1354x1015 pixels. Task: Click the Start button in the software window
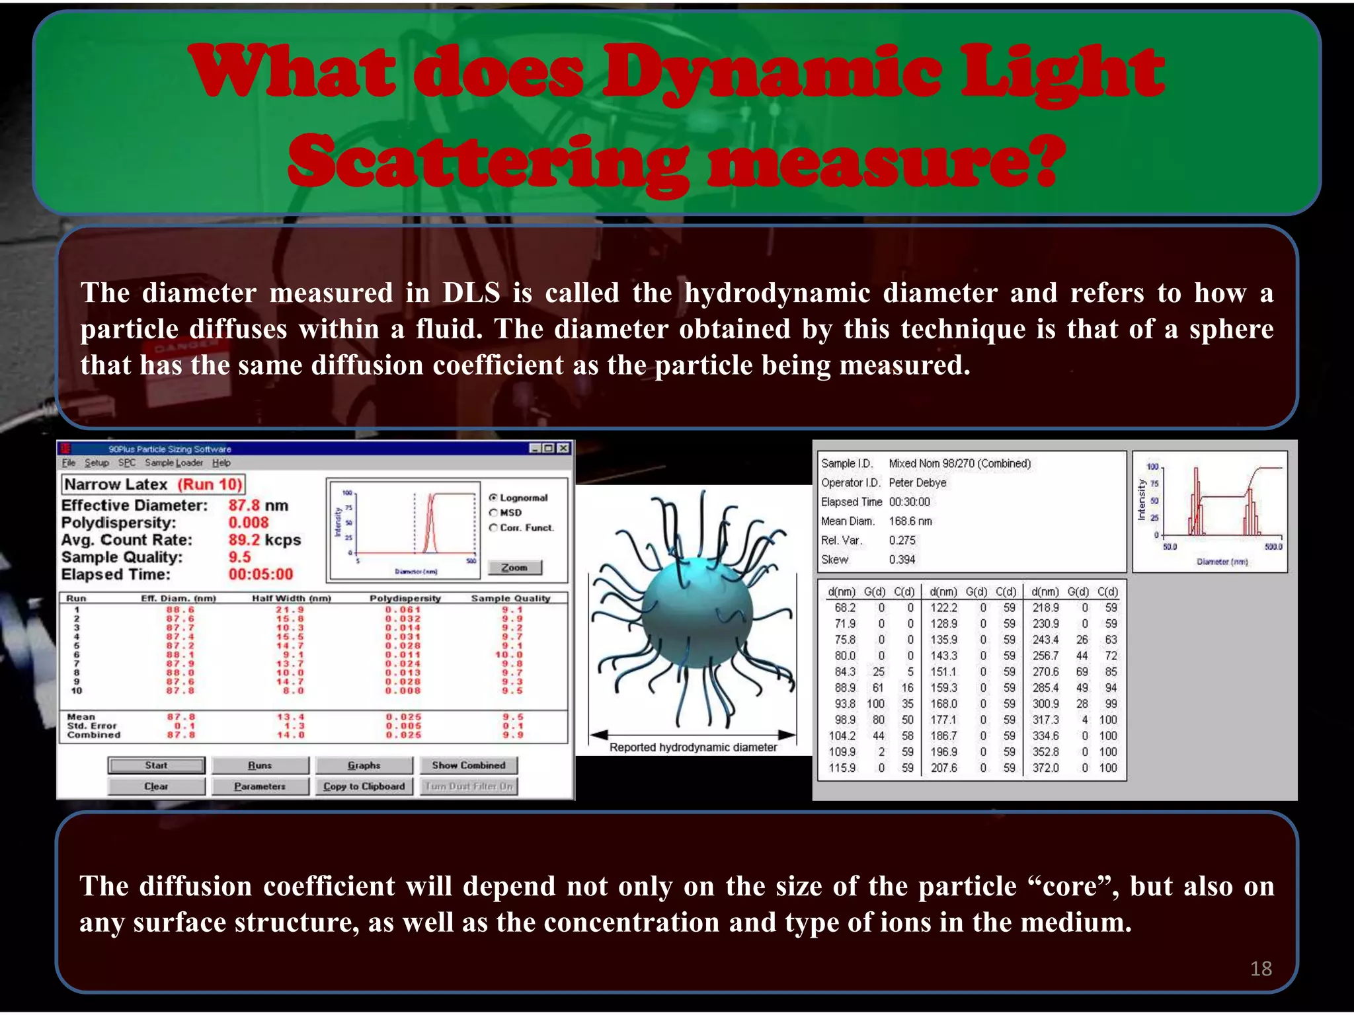coord(157,765)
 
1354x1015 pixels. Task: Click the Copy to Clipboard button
coord(364,786)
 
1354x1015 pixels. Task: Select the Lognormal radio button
coord(493,498)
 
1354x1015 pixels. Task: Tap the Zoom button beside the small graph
coord(514,568)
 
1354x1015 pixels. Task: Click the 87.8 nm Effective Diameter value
coord(258,506)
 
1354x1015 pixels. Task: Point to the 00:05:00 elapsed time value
coord(260,574)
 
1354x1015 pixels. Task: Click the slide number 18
coord(1261,969)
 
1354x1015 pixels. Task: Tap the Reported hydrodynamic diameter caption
coord(693,747)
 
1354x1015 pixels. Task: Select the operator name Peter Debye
coord(917,483)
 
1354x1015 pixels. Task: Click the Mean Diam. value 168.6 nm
coord(910,521)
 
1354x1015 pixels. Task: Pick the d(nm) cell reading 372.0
coord(1045,768)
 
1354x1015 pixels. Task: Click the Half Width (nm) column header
coord(291,598)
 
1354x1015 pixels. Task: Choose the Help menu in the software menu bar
coord(221,463)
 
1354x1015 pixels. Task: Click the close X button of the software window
coord(563,449)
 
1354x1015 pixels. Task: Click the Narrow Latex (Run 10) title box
coord(153,484)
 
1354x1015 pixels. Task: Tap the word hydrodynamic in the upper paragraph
coord(776,293)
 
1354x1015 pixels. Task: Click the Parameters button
coord(260,786)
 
